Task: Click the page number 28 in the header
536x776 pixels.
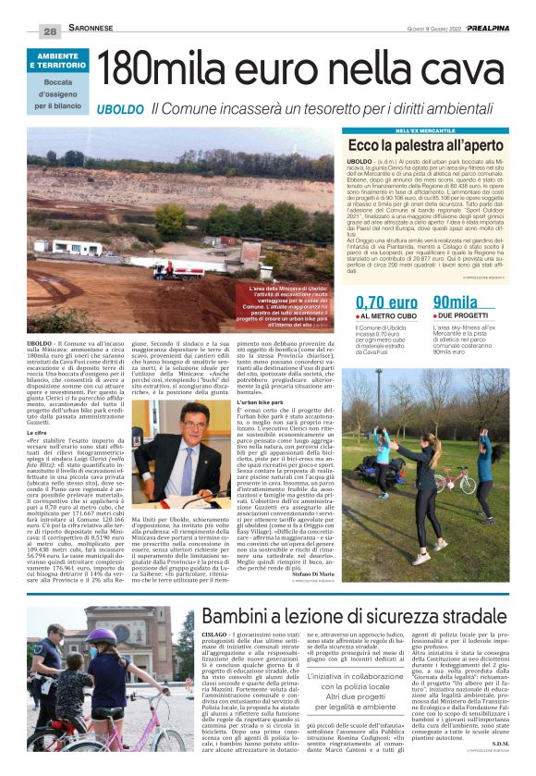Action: click(49, 31)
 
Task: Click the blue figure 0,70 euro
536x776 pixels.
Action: click(386, 302)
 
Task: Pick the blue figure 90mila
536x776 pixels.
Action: click(456, 302)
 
